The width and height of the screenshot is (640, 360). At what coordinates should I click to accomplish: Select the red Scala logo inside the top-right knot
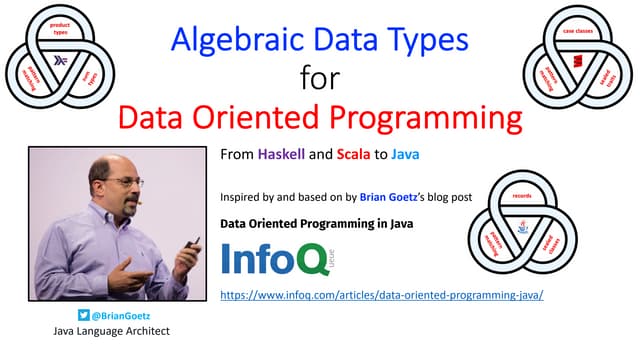pos(577,62)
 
